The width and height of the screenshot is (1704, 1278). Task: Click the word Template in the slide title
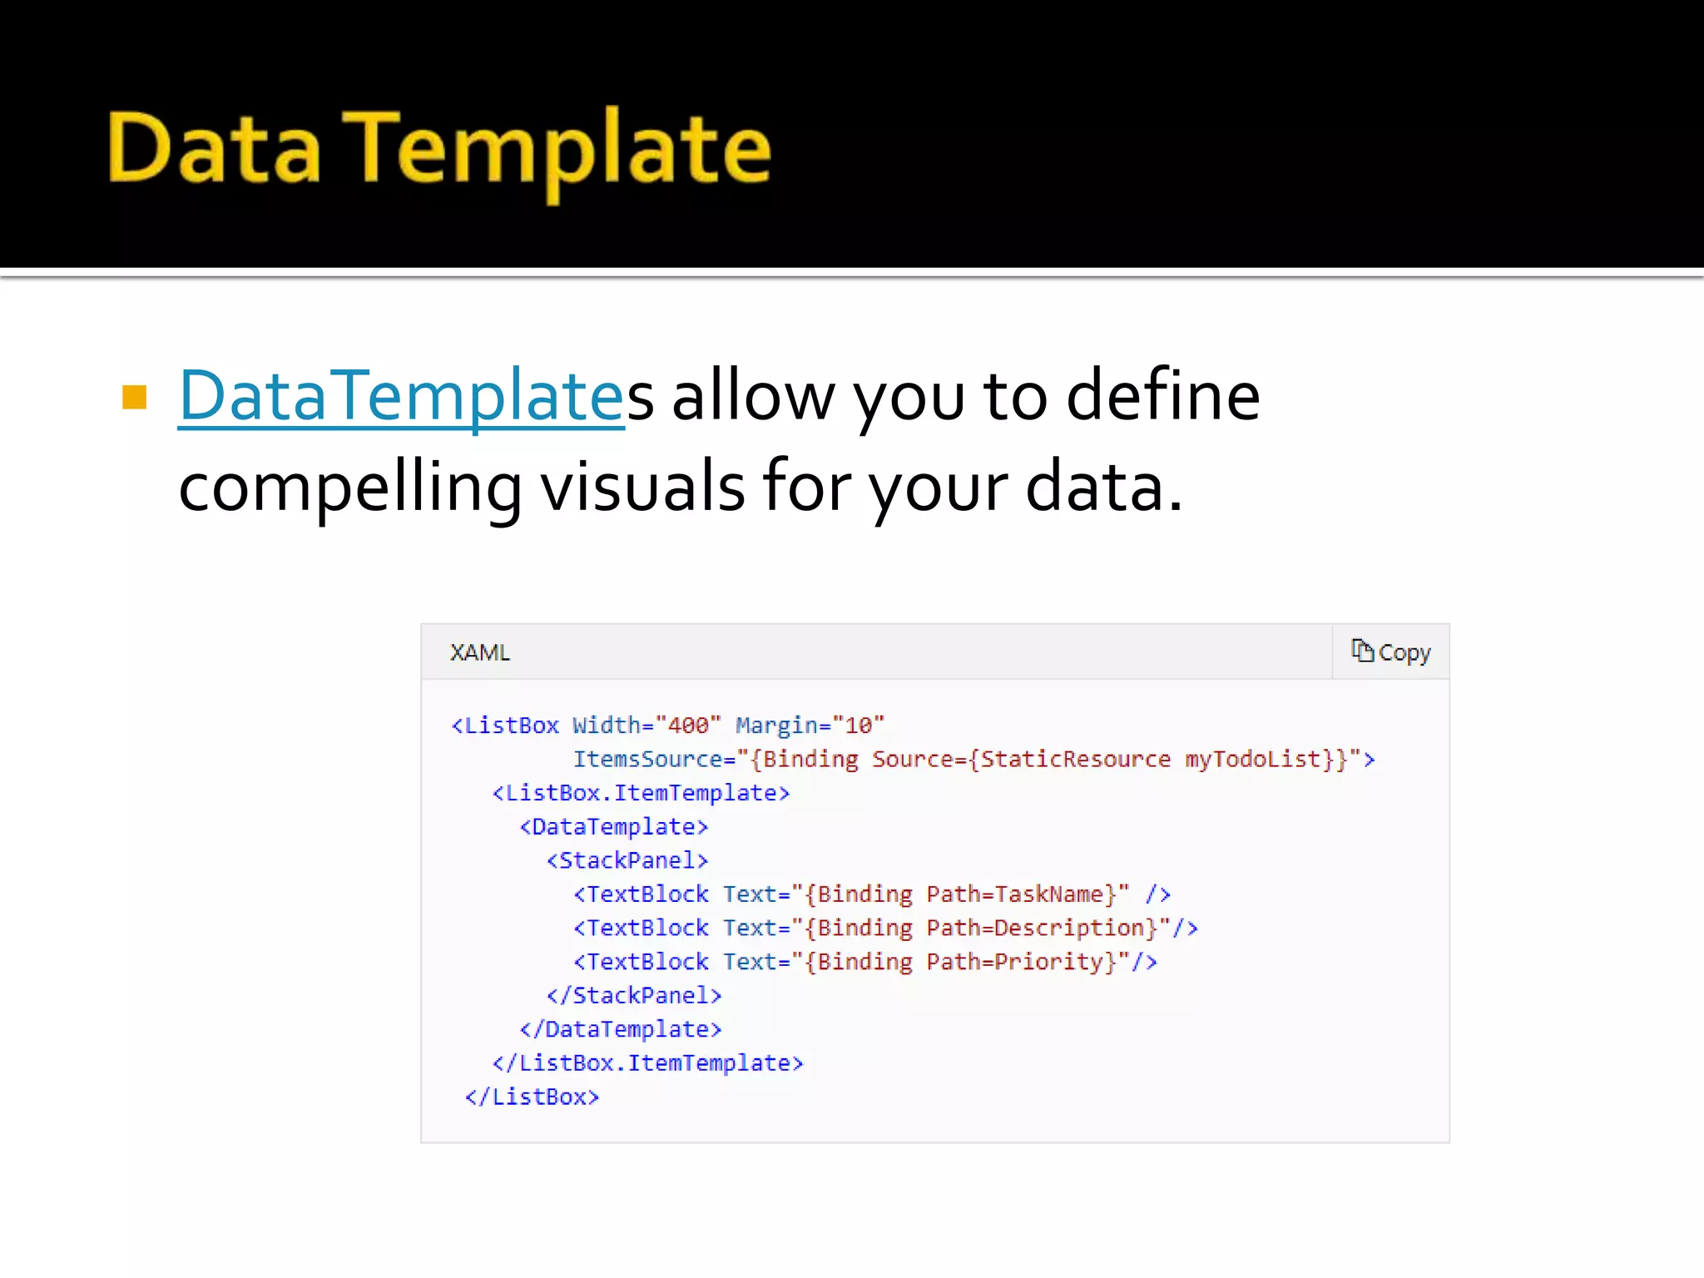(557, 150)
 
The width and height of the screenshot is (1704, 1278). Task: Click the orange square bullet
(134, 397)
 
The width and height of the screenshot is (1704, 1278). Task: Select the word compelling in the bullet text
(349, 488)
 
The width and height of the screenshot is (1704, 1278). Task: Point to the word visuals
(642, 488)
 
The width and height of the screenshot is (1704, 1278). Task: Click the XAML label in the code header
(479, 653)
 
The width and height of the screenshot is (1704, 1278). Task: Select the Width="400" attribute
(646, 726)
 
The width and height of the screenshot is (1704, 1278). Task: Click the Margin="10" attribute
(810, 726)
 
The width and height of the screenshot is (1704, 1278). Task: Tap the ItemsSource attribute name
(647, 760)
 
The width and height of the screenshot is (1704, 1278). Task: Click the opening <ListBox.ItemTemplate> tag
(641, 793)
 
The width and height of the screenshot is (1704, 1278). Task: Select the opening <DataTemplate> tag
(614, 827)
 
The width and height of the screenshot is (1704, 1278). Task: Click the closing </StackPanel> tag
(634, 996)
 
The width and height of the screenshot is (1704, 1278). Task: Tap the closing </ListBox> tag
(532, 1097)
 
